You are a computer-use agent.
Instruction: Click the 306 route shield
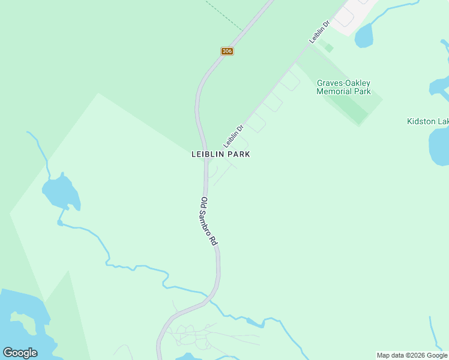coord(226,51)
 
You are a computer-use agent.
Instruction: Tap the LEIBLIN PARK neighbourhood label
coord(220,154)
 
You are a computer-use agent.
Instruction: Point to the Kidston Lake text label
coord(427,122)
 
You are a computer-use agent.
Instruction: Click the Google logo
coord(20,352)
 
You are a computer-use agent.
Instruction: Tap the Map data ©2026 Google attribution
coord(412,355)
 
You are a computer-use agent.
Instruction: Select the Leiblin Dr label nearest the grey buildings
coord(320,32)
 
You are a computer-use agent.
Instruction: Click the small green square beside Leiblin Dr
coord(328,47)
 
